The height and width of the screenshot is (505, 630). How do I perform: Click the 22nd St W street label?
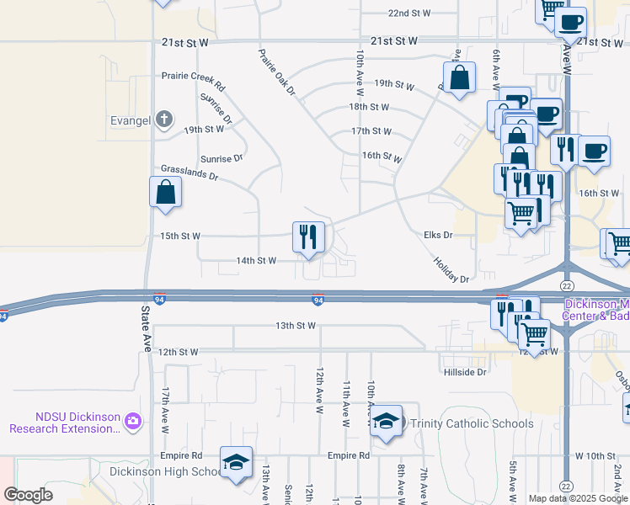point(409,13)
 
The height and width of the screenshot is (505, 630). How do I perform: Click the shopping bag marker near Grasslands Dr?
point(166,192)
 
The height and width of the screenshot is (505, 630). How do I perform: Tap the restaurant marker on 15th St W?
point(308,237)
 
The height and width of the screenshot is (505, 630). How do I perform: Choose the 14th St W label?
point(256,261)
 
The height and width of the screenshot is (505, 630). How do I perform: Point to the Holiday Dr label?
point(451,270)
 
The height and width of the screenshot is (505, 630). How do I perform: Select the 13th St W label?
point(295,325)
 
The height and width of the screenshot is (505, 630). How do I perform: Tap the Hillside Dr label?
point(464,371)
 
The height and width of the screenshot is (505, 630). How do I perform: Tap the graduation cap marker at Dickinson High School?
point(236,462)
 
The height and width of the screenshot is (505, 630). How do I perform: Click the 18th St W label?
point(370,107)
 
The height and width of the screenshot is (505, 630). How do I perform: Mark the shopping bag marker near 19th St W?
point(460,78)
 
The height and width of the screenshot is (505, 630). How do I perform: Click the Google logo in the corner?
point(29,495)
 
